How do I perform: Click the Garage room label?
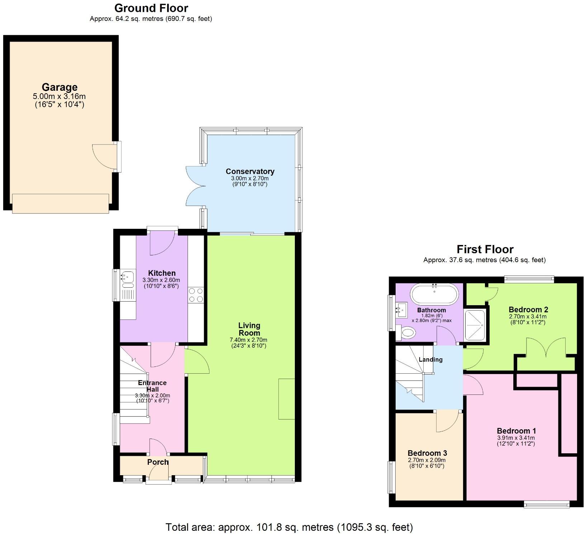coord(60,87)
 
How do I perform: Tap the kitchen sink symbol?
coord(127,277)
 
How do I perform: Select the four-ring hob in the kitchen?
coord(196,295)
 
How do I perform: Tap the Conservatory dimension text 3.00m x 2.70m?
coord(250,178)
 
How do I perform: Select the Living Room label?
coord(249,329)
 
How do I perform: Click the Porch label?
coord(158,462)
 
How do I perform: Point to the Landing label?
coord(430,359)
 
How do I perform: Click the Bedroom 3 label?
coord(427,453)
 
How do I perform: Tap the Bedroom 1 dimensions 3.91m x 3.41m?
coord(516,438)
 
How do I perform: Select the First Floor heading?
coord(485,249)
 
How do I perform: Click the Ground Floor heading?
coord(151,8)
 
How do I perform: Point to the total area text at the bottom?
coord(289,527)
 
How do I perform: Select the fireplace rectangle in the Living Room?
coord(287,398)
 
